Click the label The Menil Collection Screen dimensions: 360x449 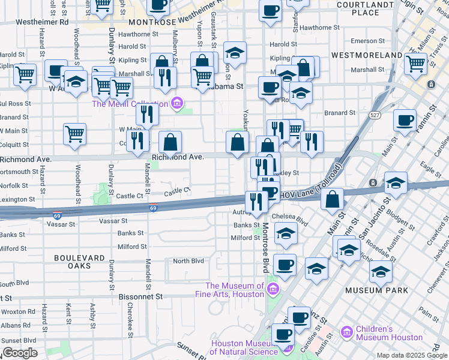130,104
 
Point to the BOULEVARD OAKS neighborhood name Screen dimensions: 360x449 81,261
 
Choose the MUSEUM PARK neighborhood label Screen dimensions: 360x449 377,290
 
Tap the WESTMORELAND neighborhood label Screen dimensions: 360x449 366,55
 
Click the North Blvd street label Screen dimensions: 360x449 188,261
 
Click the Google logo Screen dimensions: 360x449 20,353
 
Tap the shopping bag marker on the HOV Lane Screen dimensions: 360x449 332,199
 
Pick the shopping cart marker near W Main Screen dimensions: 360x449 74,134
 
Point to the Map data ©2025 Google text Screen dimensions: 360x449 411,355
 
